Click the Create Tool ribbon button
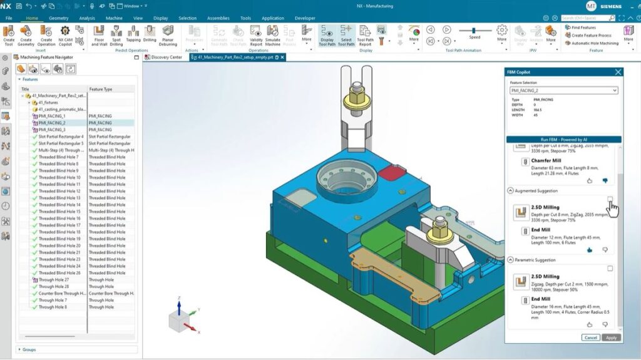click(x=9, y=35)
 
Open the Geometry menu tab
click(x=59, y=18)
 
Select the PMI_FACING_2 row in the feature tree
click(x=52, y=123)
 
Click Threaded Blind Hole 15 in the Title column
click(x=59, y=212)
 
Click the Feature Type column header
click(x=101, y=90)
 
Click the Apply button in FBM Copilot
click(x=611, y=337)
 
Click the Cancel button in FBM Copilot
click(x=590, y=337)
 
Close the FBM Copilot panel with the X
click(x=618, y=72)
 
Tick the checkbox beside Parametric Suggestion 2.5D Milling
click(x=610, y=269)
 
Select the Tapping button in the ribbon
click(x=134, y=35)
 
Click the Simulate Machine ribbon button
click(x=273, y=35)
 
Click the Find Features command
click(x=583, y=28)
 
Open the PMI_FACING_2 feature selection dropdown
click(x=563, y=91)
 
